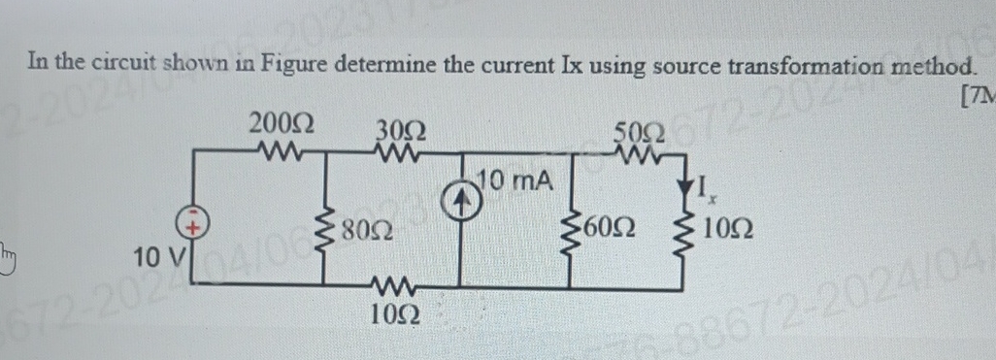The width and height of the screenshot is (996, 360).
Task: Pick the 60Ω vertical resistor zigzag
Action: [583, 229]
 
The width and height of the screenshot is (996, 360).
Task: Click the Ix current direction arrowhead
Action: [694, 184]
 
